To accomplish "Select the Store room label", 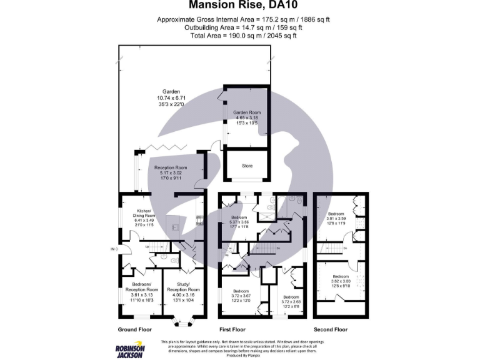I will pyautogui.click(x=247, y=166).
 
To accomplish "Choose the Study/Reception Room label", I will pyautogui.click(x=183, y=294).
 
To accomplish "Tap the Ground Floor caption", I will pyautogui.click(x=135, y=329).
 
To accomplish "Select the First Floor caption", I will pyautogui.click(x=232, y=329).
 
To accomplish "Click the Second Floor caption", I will pyautogui.click(x=331, y=329).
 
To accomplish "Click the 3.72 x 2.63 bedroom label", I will pyautogui.click(x=291, y=301).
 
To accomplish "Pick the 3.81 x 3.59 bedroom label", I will pyautogui.click(x=341, y=219).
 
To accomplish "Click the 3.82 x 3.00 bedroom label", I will pyautogui.click(x=341, y=281).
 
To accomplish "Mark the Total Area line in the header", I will pyautogui.click(x=243, y=36).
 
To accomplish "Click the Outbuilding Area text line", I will pyautogui.click(x=243, y=28).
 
